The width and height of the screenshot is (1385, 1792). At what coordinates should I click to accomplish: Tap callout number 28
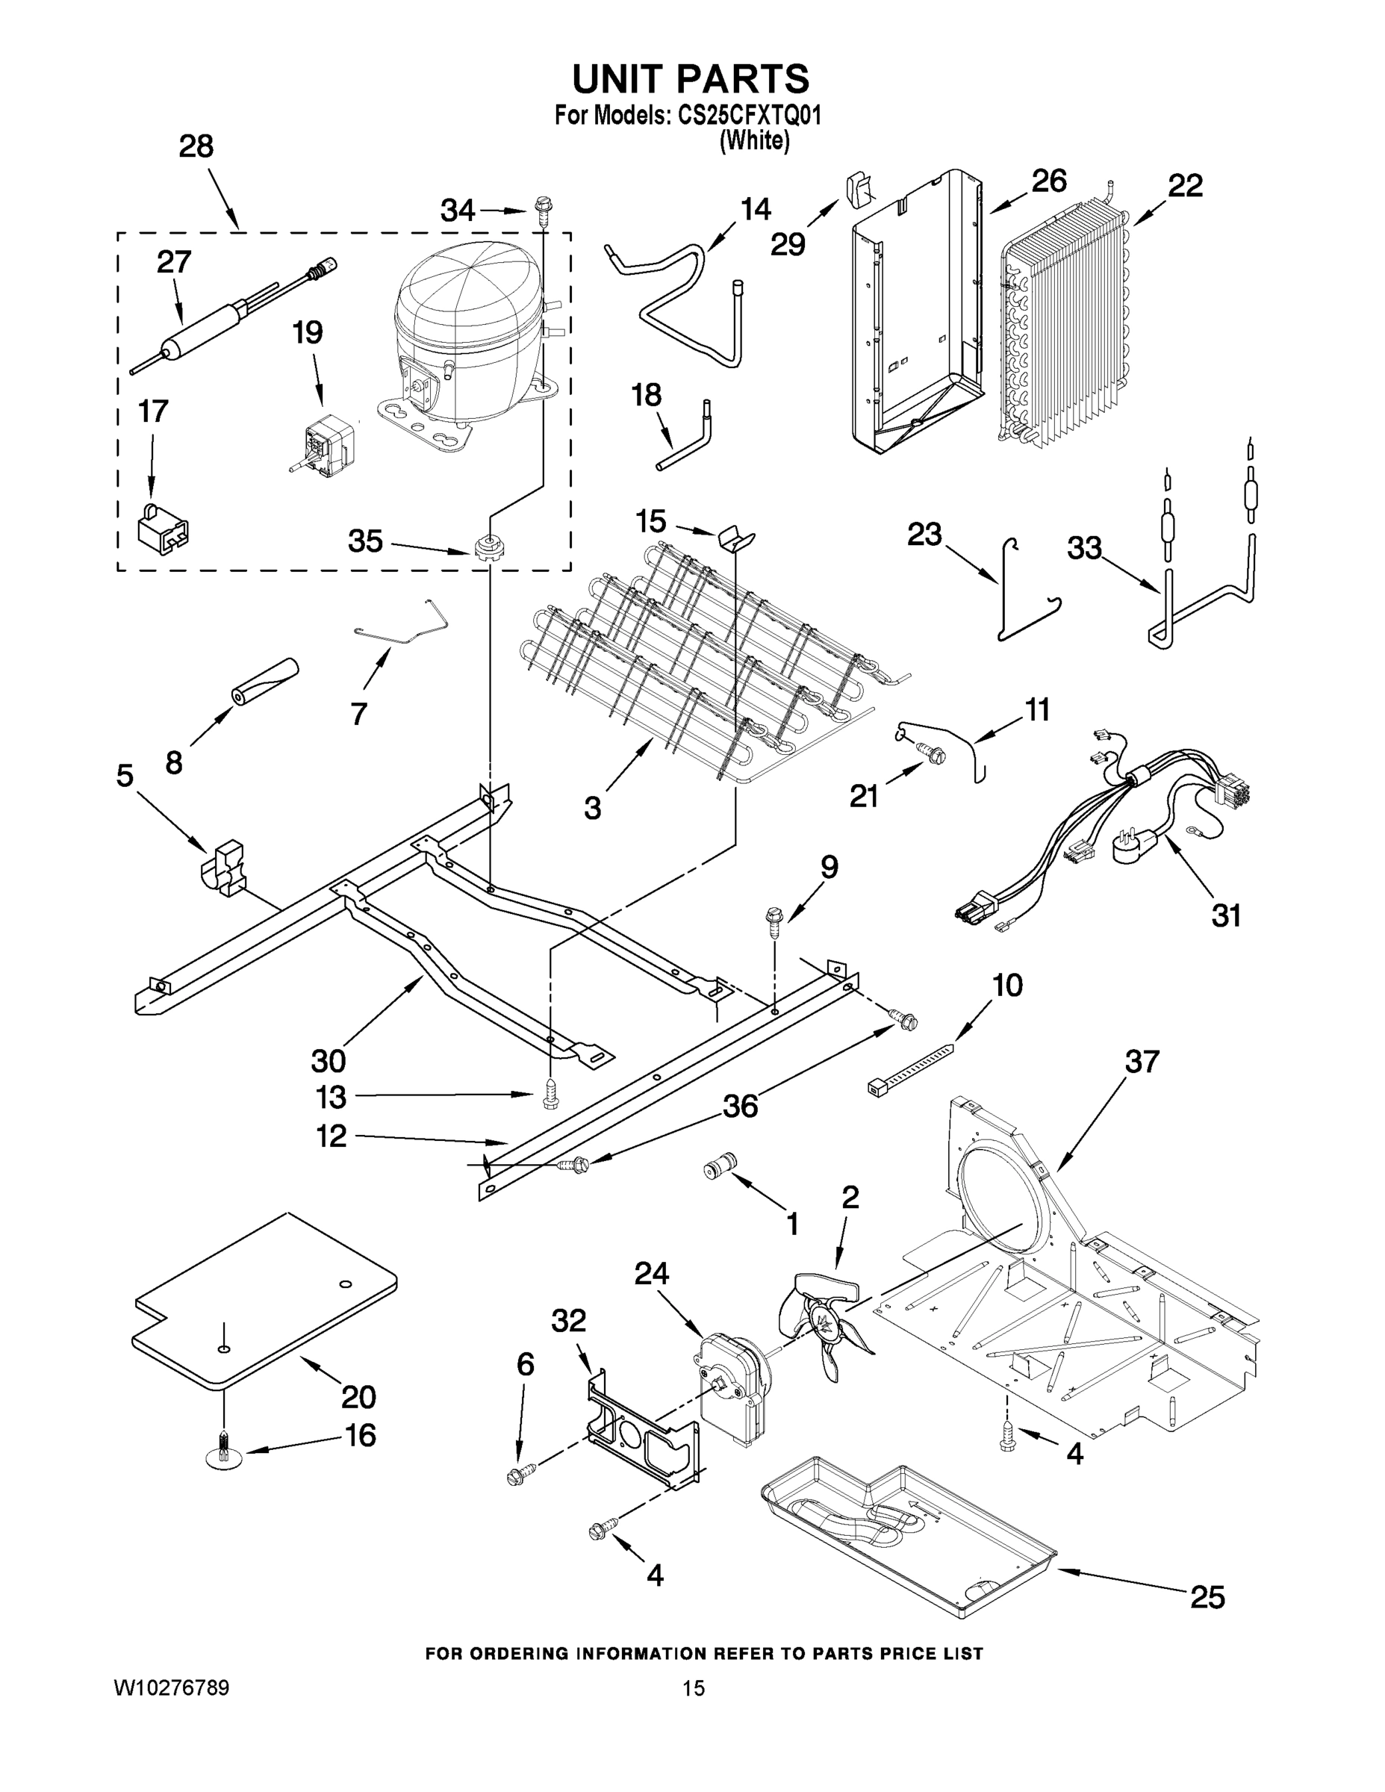click(x=196, y=147)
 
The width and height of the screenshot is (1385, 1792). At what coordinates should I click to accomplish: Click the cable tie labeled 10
click(x=911, y=1068)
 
